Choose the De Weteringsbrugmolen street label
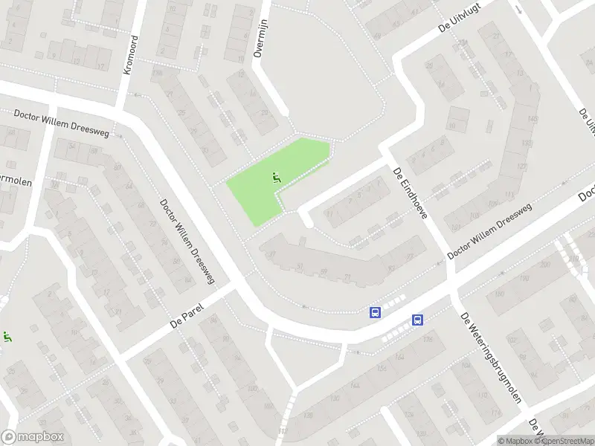(490, 358)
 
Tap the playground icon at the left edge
(7, 337)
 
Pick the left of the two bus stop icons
(376, 313)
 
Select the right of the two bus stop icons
(418, 320)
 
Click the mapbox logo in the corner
(33, 437)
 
